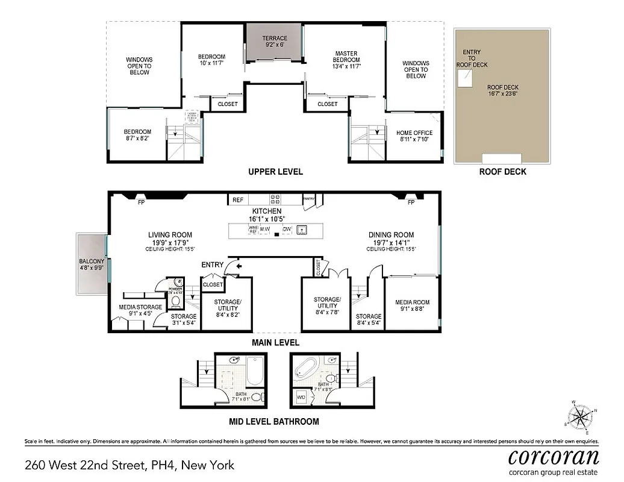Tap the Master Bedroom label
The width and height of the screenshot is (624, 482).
[346, 60]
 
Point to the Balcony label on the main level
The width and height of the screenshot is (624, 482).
[92, 265]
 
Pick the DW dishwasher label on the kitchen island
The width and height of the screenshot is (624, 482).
[287, 229]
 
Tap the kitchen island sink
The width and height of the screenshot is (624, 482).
[304, 229]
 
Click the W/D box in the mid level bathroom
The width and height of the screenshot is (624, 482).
[301, 398]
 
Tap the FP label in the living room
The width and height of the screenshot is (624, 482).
[141, 202]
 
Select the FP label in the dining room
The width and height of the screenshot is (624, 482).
[411, 202]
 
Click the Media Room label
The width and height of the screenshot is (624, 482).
[410, 305]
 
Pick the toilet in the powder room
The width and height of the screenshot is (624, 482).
[176, 299]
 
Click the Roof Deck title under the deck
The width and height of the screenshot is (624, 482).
[502, 172]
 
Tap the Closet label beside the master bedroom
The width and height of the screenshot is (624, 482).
[327, 104]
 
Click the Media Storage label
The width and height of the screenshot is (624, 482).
[140, 310]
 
